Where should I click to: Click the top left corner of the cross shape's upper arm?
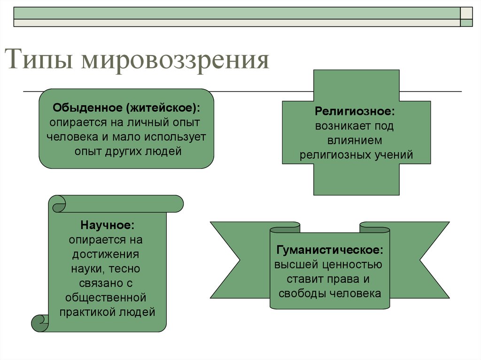coord(313,70)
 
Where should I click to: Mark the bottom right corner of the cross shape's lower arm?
coord(399,195)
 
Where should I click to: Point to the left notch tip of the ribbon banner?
coord(240,260)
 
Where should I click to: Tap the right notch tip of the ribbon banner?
coord(419,260)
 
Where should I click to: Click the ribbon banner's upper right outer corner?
coord(450,222)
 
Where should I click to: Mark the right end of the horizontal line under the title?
coord(461,92)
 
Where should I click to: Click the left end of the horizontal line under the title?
coord(23,92)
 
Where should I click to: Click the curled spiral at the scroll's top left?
coord(59,204)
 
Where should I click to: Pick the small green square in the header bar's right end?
coord(466,23)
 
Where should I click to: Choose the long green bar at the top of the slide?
coord(237,13)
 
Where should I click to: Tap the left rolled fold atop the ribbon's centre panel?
coord(285,228)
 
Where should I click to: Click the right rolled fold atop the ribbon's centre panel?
coord(374,228)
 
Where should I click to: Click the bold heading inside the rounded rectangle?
coord(126,107)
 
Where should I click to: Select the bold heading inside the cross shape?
coord(355,111)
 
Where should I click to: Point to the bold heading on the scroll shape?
coord(108,225)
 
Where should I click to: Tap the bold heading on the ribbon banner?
coord(330,250)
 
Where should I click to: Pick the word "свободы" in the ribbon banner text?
coord(302,293)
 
